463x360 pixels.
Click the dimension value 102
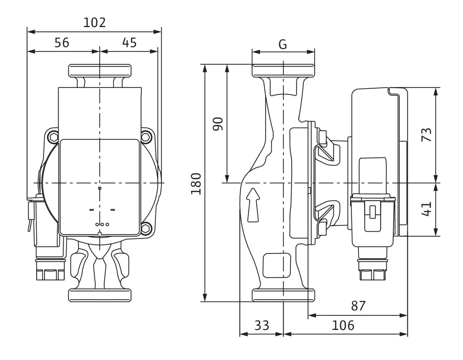[94, 23]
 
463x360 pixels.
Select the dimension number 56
[61, 43]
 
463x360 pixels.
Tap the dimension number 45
[129, 43]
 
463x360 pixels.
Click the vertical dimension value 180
[196, 184]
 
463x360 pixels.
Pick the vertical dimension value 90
[218, 124]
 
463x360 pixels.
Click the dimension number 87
[358, 306]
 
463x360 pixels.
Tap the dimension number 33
[262, 326]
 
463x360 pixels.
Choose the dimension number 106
[343, 326]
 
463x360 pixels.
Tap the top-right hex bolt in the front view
[146, 137]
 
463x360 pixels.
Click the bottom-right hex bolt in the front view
[146, 228]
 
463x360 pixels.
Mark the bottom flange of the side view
[283, 295]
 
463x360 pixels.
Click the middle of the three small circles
[102, 224]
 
